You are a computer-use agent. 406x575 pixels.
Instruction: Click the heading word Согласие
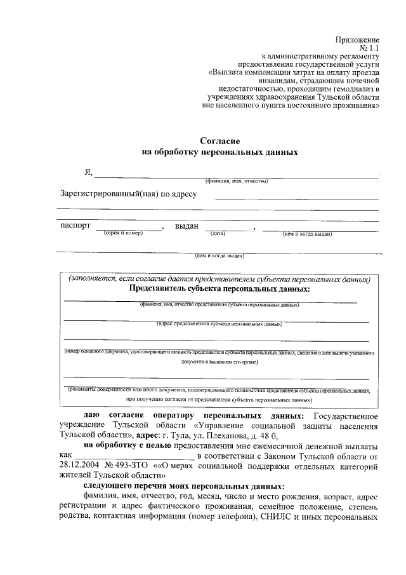point(219,140)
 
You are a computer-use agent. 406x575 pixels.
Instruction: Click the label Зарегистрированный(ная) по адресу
point(129,194)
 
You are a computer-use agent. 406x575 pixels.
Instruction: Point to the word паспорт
point(75,226)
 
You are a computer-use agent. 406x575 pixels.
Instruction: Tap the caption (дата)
point(219,233)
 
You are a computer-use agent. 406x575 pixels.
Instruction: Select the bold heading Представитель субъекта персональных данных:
point(219,288)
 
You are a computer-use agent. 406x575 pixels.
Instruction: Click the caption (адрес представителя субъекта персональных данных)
point(219,323)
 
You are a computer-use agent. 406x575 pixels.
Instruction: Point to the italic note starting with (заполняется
point(219,279)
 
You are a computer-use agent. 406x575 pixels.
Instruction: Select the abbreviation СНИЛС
point(274,516)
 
